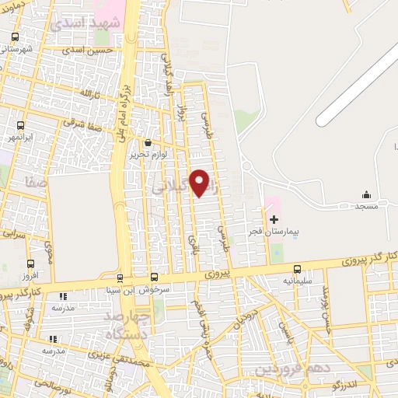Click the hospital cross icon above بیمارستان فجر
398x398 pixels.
pyautogui.click(x=273, y=219)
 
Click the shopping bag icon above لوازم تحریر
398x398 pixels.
pyautogui.click(x=148, y=142)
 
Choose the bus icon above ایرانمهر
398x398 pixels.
pyautogui.click(x=20, y=124)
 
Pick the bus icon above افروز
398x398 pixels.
pyautogui.click(x=30, y=264)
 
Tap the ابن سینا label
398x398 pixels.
pyautogui.click(x=120, y=289)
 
